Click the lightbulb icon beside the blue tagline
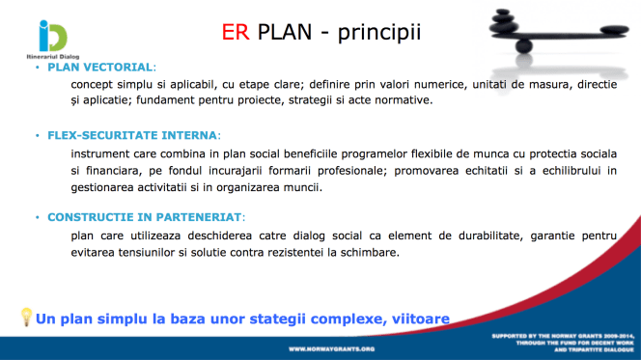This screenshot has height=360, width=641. point(26,317)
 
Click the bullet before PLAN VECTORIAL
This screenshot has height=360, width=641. point(38,68)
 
